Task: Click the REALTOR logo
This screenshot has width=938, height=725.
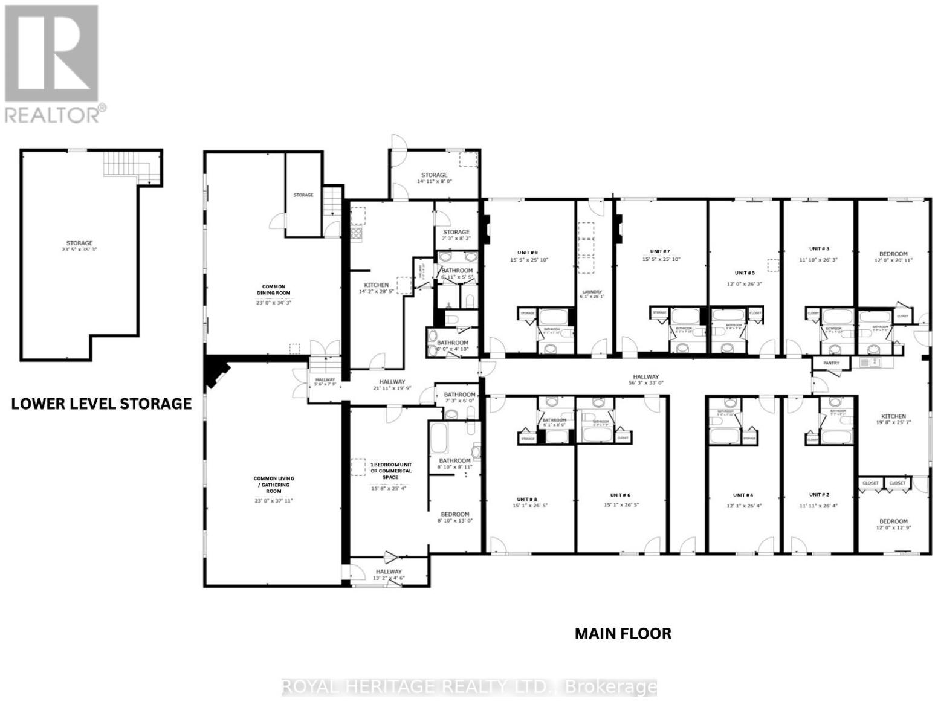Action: (x=53, y=63)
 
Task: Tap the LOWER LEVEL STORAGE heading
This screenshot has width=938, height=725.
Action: (x=102, y=404)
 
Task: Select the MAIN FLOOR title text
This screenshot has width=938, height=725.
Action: (x=623, y=633)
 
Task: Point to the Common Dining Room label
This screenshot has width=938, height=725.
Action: (x=273, y=290)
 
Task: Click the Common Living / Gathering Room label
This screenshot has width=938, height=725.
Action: (x=273, y=485)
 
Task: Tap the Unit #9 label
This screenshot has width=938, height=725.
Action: (x=527, y=252)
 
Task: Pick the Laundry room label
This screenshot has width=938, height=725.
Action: (x=591, y=292)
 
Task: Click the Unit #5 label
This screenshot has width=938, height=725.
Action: (x=745, y=273)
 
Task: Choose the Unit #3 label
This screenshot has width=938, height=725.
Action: (x=819, y=248)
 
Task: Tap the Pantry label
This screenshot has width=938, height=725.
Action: (x=831, y=363)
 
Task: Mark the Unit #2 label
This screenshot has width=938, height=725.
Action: (x=818, y=495)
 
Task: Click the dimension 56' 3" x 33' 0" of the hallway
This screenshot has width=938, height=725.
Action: (x=646, y=382)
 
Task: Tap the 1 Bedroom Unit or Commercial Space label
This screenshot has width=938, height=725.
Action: (x=391, y=471)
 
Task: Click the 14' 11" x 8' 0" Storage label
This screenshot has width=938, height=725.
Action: (x=434, y=181)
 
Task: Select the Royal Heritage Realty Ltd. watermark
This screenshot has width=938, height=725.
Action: (x=469, y=687)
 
